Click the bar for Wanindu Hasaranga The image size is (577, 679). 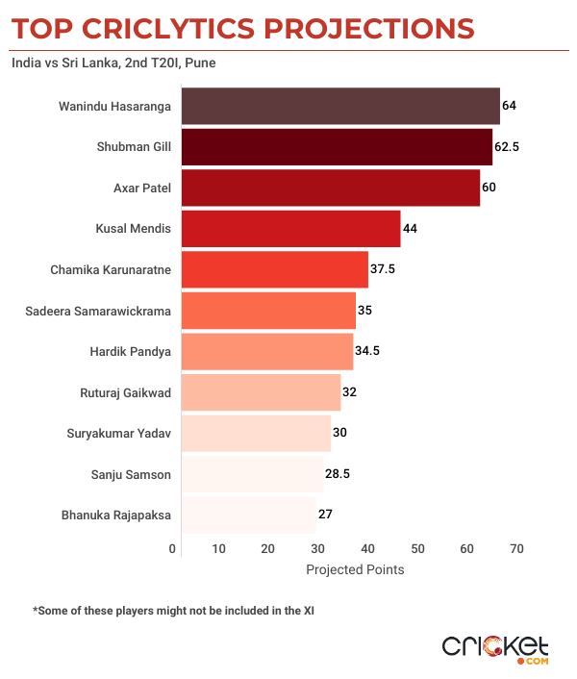339,106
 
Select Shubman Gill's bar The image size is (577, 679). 336,146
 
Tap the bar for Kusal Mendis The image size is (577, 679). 289,229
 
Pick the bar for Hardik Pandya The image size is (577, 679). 266,351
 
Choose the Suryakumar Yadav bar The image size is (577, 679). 255,433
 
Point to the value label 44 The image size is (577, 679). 411,229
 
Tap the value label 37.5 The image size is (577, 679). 383,269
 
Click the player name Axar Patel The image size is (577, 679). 142,188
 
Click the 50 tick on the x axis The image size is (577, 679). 417,549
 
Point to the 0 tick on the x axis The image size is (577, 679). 173,549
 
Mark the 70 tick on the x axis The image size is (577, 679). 516,549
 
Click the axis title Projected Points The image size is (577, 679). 355,569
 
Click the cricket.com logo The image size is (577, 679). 494,647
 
